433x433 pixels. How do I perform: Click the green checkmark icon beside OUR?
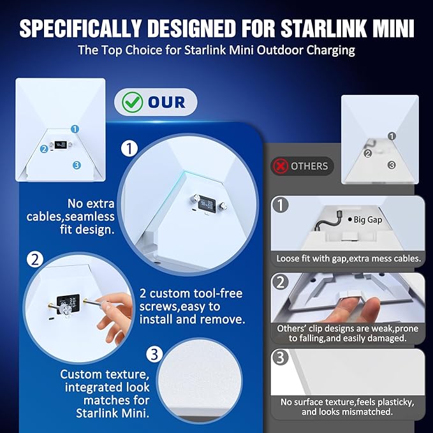click(133, 102)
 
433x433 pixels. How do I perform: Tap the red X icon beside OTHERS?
click(281, 166)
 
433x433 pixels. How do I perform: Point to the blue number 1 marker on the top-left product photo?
click(75, 129)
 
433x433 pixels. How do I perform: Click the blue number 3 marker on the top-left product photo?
click(77, 165)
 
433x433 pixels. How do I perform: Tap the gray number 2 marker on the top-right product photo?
click(367, 154)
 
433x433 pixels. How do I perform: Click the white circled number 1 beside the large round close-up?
click(129, 149)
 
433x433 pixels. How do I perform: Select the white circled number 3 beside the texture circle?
click(154, 355)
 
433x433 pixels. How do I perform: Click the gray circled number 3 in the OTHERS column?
click(281, 357)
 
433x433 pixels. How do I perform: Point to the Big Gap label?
click(365, 220)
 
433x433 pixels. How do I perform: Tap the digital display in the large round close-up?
click(207, 203)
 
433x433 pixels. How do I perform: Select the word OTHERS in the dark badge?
click(309, 166)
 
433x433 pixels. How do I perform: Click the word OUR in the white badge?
click(166, 103)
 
